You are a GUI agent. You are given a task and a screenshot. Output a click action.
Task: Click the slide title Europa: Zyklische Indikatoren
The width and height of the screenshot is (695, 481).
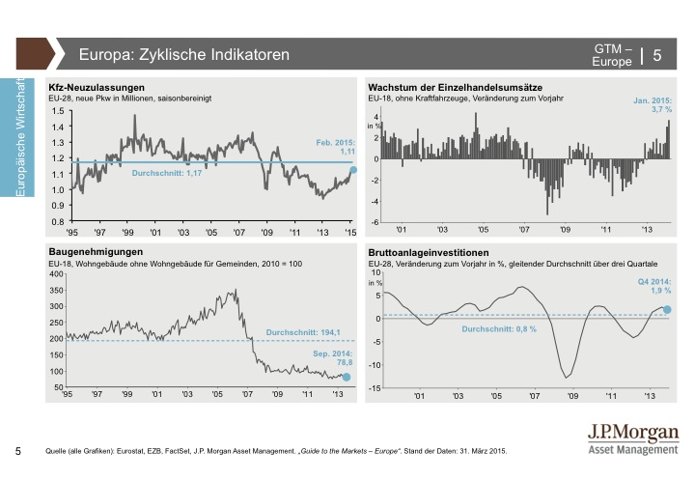tap(183, 55)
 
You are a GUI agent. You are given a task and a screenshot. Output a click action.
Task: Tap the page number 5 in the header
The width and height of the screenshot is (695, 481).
tap(657, 55)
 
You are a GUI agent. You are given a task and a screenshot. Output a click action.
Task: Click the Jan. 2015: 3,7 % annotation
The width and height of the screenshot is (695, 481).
tap(652, 105)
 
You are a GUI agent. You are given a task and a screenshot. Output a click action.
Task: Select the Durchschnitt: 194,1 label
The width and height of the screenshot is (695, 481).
tap(304, 333)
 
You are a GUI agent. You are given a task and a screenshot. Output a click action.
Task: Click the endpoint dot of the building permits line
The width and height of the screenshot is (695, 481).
tap(347, 377)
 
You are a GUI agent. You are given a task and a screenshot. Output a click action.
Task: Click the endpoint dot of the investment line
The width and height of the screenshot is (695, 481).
tap(666, 309)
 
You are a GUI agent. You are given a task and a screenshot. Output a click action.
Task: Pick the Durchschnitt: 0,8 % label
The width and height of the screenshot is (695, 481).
tap(498, 329)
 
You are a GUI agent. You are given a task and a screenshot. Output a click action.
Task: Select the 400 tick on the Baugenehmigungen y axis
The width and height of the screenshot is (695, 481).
tap(55, 274)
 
